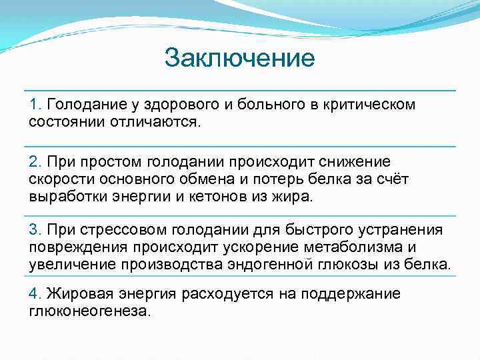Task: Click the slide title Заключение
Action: [239, 59]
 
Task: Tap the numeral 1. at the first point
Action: [35, 105]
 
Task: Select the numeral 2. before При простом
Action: [35, 162]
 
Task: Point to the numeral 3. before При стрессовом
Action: [35, 230]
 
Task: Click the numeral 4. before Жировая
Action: [35, 295]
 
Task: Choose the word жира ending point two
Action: [297, 197]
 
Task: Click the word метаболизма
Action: [358, 247]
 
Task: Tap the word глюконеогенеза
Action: [89, 312]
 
